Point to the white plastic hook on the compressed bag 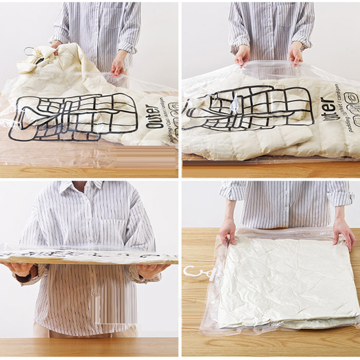[192, 272]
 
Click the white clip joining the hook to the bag [211, 274]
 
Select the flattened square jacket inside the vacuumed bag [288, 281]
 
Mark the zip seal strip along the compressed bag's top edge [288, 232]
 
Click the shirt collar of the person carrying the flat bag [85, 187]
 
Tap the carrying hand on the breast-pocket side [151, 270]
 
